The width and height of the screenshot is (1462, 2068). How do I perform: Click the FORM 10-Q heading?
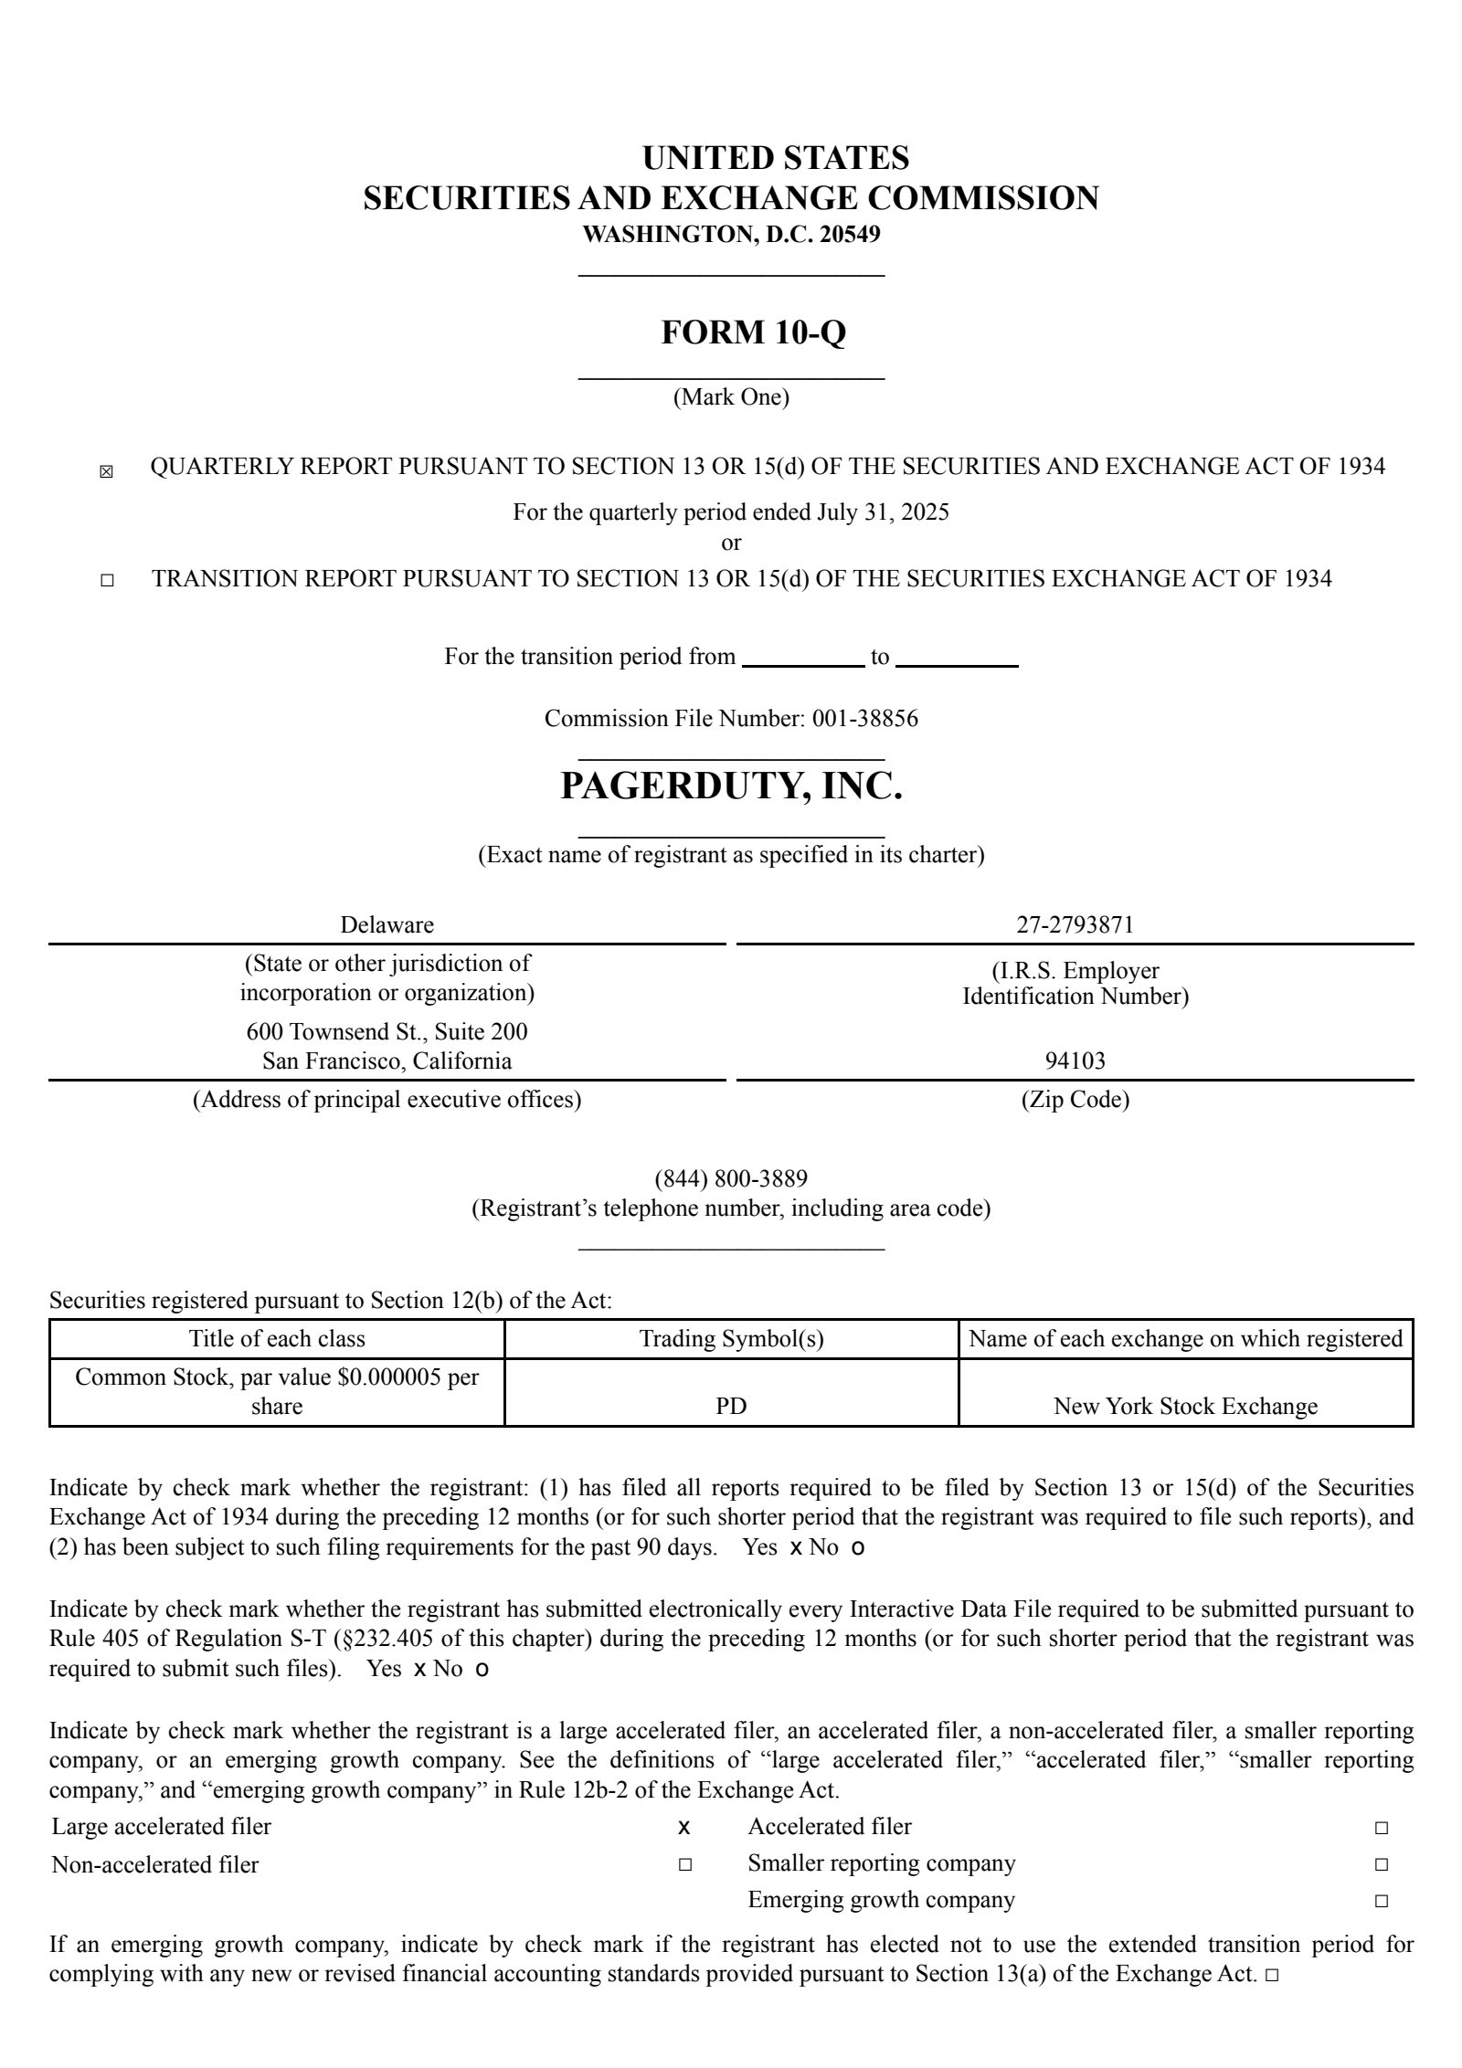753,332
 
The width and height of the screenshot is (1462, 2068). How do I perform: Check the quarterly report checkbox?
106,472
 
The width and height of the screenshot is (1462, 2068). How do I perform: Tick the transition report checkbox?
107,580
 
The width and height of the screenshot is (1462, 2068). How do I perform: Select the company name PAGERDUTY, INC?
731,786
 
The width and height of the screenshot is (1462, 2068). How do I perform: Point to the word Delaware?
387,924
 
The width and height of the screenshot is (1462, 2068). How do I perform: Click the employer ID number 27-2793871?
1075,924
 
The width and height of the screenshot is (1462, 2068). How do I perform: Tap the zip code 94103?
1075,1060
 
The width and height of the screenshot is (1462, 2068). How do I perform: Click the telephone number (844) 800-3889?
731,1177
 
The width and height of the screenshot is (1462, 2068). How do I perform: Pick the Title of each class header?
277,1338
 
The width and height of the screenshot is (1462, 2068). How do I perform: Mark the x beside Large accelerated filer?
683,1828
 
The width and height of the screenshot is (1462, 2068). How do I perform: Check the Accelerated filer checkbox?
1381,1828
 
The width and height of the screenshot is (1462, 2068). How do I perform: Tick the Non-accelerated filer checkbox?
684,1864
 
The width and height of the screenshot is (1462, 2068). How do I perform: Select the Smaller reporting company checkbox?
1381,1864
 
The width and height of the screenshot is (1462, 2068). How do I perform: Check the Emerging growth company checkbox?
1381,1901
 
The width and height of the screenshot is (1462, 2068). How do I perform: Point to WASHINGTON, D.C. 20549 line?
731,234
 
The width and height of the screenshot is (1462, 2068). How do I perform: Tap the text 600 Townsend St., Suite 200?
387,1031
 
